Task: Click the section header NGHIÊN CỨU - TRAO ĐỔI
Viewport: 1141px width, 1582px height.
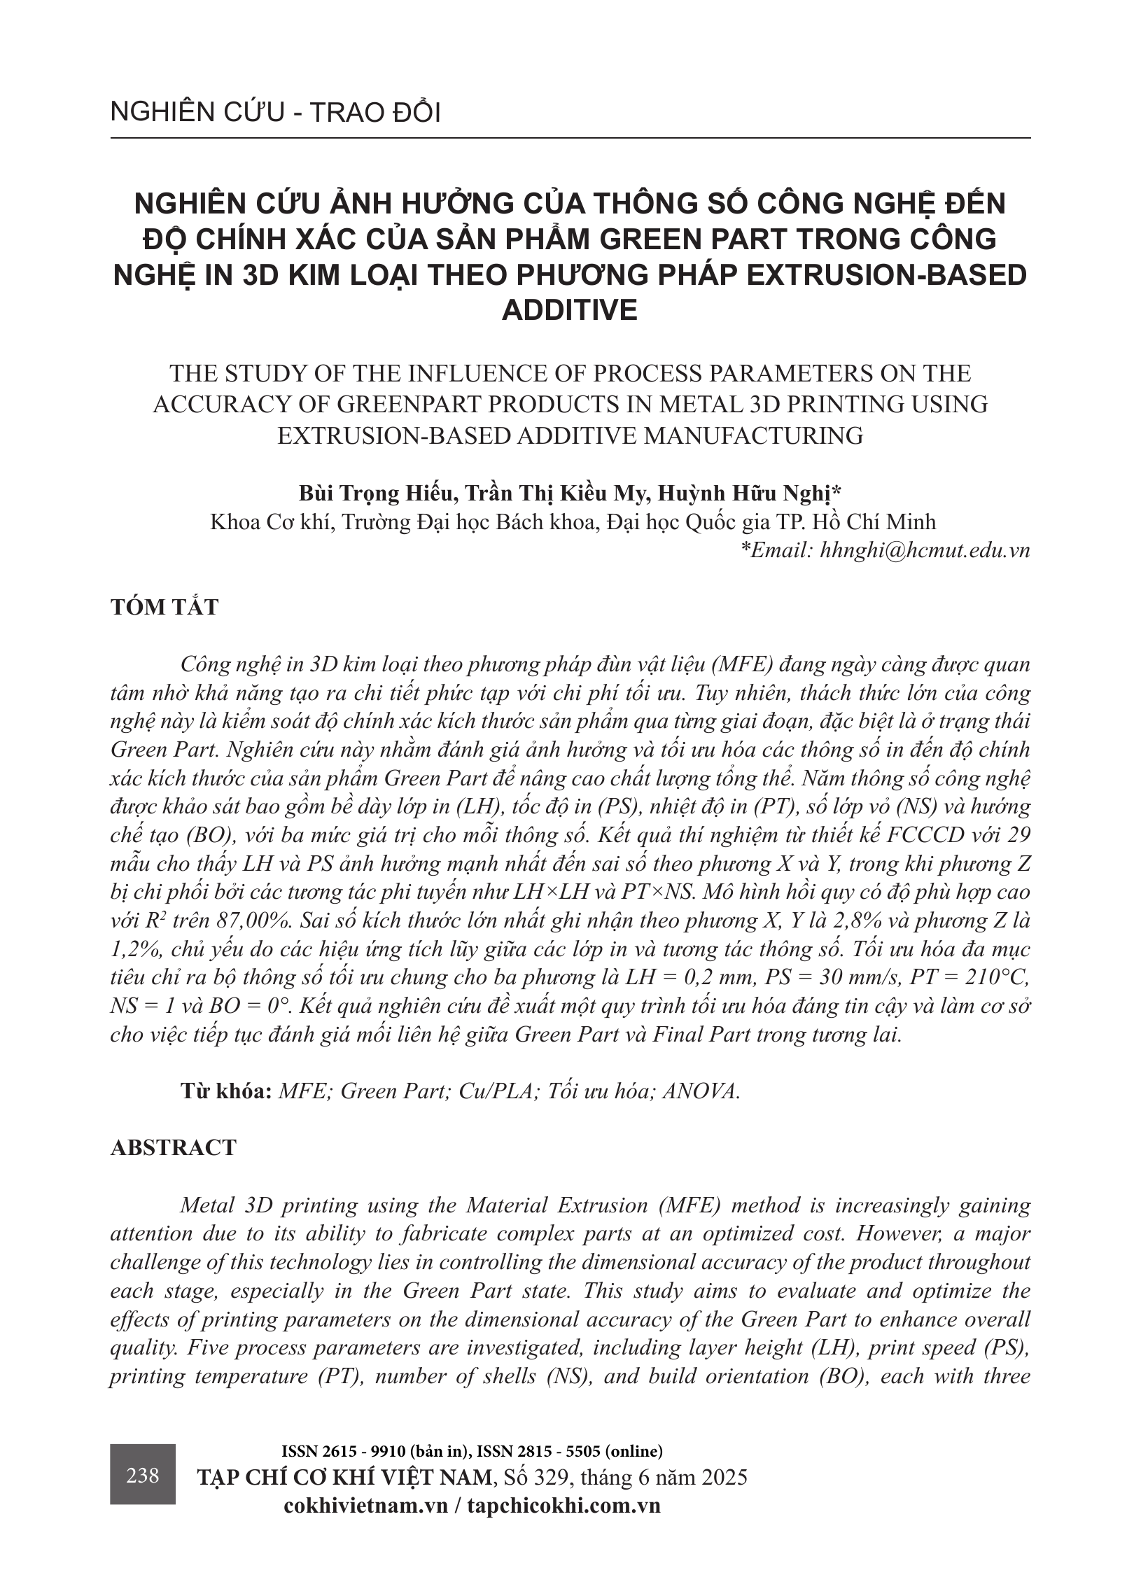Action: click(x=275, y=113)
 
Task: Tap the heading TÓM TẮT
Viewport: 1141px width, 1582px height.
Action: click(x=164, y=607)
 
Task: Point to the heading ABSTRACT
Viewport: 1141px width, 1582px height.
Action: click(x=174, y=1148)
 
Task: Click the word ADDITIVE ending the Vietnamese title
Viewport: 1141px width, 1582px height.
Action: click(x=570, y=310)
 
